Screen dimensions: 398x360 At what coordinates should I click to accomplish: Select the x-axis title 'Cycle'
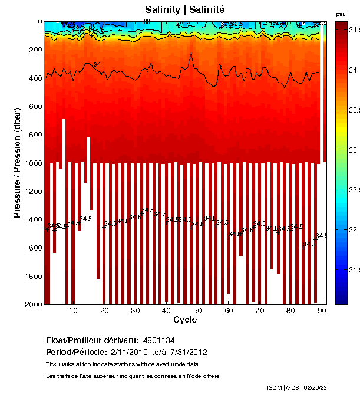[185, 320]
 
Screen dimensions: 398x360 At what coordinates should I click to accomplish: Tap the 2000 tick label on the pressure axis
[32, 304]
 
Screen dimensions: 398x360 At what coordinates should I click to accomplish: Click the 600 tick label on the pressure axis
[34, 106]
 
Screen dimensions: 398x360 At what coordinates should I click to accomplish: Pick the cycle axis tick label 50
[197, 310]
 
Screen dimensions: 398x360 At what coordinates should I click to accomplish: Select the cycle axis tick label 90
[321, 310]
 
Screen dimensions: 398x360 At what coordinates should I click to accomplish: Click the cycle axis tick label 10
[73, 310]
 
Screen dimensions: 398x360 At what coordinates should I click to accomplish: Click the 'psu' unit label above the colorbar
[341, 14]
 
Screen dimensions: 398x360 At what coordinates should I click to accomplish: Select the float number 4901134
[158, 341]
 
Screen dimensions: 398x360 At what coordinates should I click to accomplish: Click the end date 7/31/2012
[188, 352]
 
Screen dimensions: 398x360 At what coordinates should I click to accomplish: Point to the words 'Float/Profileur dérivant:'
[92, 341]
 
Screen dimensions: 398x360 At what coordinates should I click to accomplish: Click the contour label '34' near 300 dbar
[97, 64]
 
